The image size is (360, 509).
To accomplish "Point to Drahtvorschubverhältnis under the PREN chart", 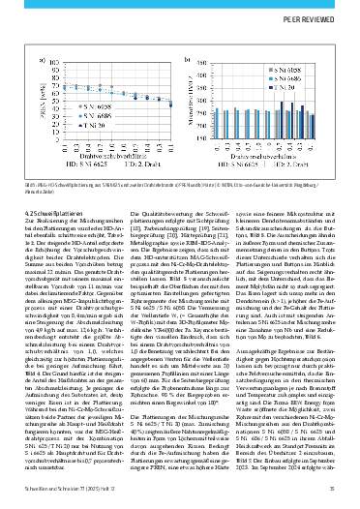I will [105, 150].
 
